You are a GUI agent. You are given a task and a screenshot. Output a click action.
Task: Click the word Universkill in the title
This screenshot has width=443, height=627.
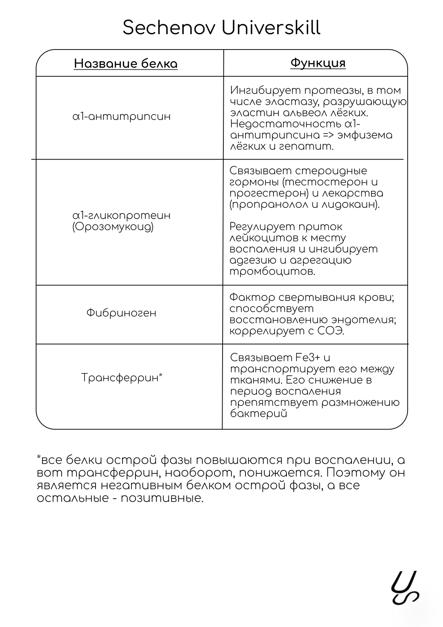271,28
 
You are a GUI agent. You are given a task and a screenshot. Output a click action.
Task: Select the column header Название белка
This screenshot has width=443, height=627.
126,64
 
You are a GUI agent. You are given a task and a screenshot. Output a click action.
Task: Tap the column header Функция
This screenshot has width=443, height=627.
318,63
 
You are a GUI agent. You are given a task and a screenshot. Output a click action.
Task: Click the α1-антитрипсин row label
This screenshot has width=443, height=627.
122,117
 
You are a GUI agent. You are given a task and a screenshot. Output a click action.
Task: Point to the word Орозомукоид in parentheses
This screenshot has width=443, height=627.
113,226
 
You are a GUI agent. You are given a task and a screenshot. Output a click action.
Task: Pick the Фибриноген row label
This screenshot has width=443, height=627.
121,313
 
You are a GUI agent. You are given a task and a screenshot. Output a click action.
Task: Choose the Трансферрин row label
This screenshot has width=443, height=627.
122,377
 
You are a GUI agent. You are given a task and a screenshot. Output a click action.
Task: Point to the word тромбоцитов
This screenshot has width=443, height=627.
272,272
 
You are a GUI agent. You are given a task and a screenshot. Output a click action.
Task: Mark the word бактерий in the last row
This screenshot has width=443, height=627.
258,414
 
